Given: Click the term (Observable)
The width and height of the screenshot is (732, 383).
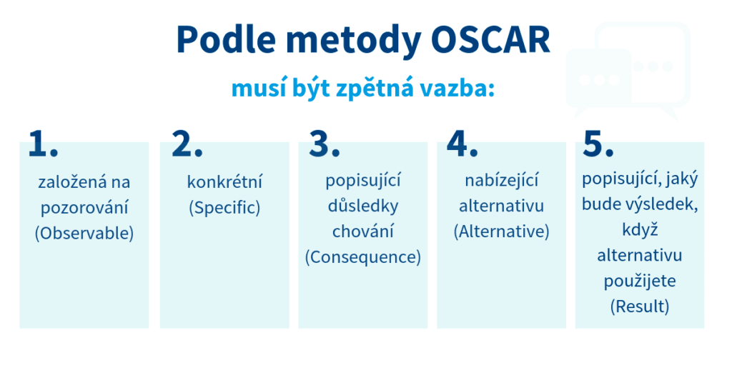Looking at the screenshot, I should click(84, 233).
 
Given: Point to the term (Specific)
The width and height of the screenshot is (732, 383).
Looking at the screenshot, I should click(224, 208).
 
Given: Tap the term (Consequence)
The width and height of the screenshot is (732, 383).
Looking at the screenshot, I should click(363, 257).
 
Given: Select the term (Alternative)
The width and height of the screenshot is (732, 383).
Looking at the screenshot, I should click(501, 232).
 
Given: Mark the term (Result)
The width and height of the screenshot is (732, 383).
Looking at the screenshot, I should click(640, 307).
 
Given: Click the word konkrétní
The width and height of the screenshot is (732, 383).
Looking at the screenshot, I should click(224, 182).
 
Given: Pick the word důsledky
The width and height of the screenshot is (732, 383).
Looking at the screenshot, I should click(363, 207).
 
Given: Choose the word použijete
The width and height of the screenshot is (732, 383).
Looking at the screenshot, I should click(640, 281).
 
